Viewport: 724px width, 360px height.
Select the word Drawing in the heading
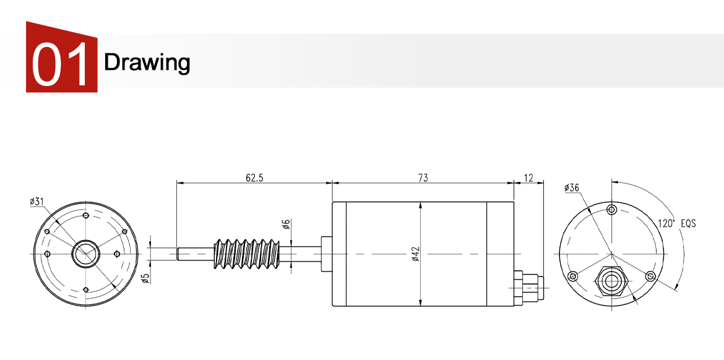[x=147, y=62]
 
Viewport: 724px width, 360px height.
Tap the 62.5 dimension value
[x=254, y=178]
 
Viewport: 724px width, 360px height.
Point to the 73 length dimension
[x=423, y=178]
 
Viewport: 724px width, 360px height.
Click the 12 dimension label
[x=528, y=178]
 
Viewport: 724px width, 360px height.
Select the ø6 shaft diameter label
[x=285, y=225]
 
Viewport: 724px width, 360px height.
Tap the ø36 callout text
[x=572, y=187]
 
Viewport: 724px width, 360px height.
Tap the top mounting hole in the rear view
[x=611, y=209]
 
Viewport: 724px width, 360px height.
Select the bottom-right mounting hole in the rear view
[x=650, y=275]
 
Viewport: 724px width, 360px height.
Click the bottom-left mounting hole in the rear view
[x=573, y=275]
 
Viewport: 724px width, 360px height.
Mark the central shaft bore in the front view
[x=85, y=254]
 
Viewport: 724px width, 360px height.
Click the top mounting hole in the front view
[x=85, y=216]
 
